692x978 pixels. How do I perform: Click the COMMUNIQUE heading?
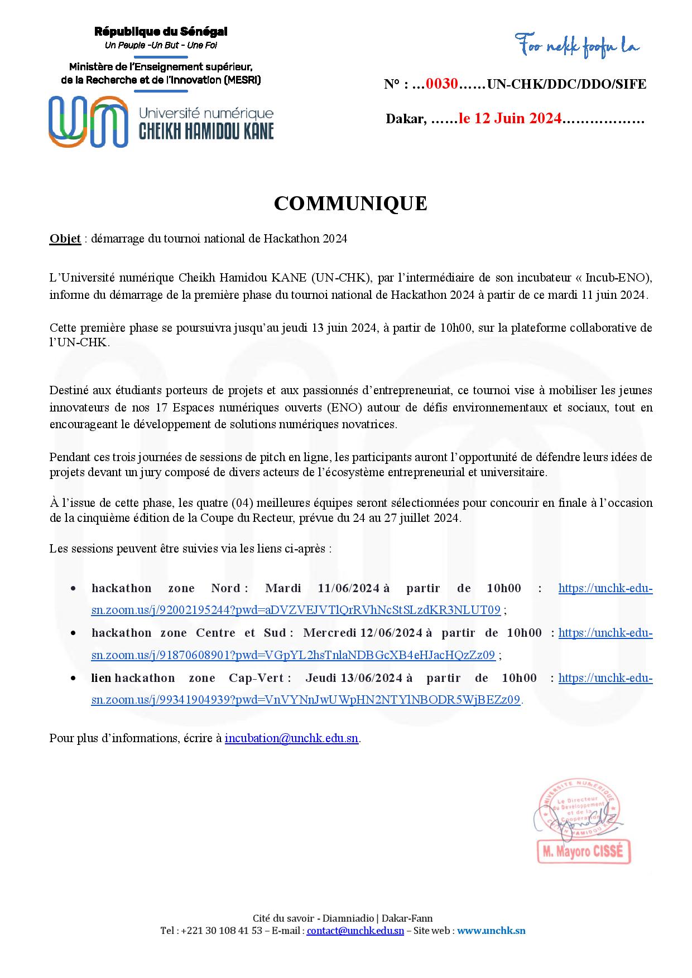tap(350, 204)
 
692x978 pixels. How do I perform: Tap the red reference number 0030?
tap(442, 84)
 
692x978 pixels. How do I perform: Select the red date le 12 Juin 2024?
tap(510, 119)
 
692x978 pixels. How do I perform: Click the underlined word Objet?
tap(65, 239)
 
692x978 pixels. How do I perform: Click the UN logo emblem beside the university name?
tap(88, 122)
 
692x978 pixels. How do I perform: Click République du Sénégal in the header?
tap(161, 32)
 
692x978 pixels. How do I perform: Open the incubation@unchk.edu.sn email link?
tap(291, 738)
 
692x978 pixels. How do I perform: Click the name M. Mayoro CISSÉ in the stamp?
tap(583, 853)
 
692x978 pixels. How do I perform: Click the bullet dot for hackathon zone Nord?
tap(73, 589)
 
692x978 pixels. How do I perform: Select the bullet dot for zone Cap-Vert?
tap(73, 679)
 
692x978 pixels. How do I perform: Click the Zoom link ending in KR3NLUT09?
tap(296, 610)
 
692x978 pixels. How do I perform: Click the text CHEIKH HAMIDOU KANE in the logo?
tap(206, 131)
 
